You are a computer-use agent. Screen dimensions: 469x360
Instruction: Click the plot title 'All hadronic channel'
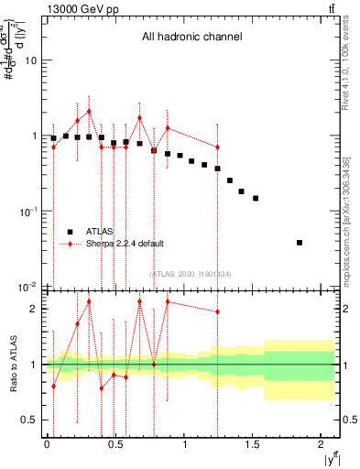tap(191, 38)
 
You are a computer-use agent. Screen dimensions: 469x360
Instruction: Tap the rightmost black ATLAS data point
tap(300, 243)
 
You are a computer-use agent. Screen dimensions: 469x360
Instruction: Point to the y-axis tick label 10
tap(33, 60)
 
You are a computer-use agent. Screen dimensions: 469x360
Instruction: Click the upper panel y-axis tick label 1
tap(36, 136)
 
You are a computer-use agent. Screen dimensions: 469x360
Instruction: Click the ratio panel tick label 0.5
tap(30, 420)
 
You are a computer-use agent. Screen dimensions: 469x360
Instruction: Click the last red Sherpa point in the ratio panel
tap(217, 311)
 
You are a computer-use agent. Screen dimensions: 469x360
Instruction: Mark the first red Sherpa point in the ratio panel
tap(53, 386)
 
